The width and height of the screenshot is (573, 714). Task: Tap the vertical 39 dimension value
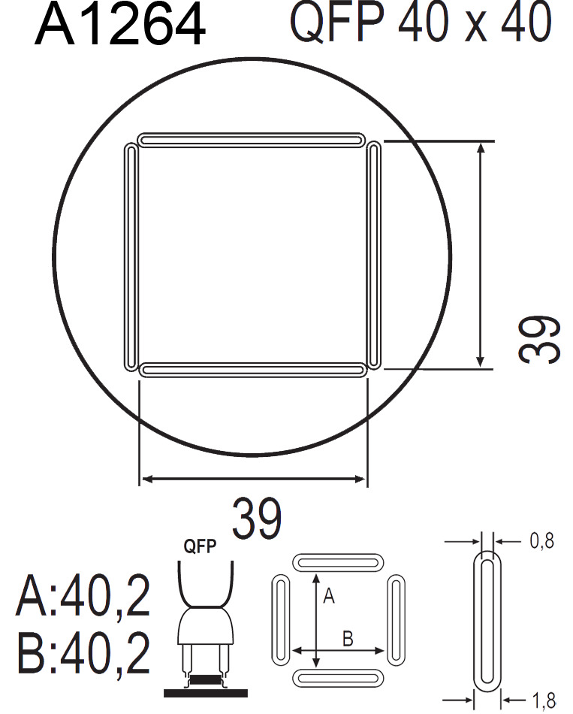point(540,339)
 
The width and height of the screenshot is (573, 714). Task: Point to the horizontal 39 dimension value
point(257,518)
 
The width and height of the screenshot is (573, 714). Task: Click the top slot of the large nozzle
point(252,141)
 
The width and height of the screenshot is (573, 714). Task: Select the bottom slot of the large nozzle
point(252,370)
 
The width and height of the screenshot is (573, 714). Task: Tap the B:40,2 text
point(83,653)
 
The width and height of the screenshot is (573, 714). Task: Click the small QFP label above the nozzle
point(201,546)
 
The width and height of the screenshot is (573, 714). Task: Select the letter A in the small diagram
point(327,597)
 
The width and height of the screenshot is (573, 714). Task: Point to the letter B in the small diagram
point(348,640)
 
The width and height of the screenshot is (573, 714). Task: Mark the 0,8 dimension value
point(541,540)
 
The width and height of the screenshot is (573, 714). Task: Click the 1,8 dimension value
point(542,702)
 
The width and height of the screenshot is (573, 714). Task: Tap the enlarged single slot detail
point(487,621)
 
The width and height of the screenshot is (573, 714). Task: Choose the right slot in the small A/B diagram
point(396,620)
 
